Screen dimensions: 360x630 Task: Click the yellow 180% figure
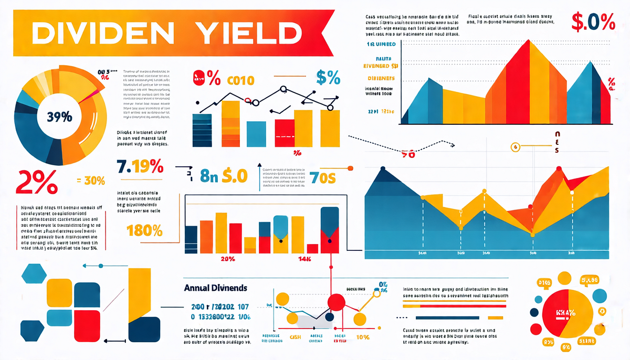point(144,230)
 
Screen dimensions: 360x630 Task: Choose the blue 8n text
point(208,176)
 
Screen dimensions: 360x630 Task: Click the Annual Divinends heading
point(216,288)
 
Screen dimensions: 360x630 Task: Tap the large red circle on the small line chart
point(336,303)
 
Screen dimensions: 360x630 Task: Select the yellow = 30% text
point(91,181)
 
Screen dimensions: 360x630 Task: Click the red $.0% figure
point(593,23)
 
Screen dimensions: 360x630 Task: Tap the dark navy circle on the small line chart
point(328,317)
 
